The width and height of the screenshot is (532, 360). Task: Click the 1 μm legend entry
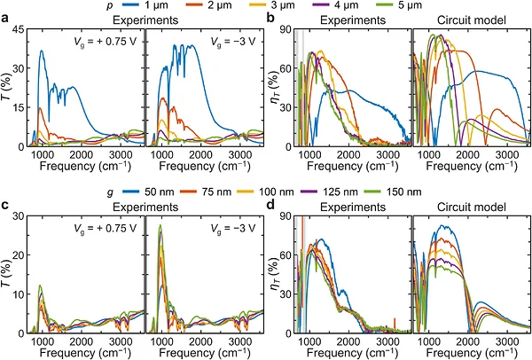point(146,5)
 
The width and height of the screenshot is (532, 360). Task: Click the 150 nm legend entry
point(393,192)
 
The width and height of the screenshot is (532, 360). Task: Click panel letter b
point(270,18)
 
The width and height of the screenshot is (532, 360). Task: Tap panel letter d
point(270,205)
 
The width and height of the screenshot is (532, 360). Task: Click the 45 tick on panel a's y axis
point(19,30)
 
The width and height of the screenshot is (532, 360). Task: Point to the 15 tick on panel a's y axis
point(19,107)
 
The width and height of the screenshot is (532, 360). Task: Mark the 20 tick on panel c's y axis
point(19,254)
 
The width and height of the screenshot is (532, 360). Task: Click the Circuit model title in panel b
point(472,20)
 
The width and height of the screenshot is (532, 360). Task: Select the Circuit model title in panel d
point(472,207)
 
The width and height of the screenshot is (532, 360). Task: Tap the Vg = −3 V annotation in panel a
point(232,42)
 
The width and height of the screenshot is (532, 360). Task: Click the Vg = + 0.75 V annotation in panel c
point(106,229)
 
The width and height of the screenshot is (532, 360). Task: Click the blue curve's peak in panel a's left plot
point(42,51)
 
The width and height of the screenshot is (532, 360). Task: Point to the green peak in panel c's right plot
point(160,225)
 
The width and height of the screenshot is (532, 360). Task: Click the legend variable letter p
point(110,6)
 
